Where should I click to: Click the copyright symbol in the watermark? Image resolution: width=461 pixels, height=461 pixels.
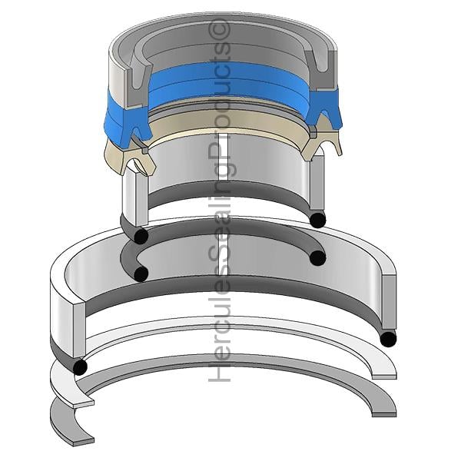[x=219, y=29]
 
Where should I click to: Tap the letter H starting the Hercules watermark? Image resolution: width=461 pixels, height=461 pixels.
[x=219, y=373]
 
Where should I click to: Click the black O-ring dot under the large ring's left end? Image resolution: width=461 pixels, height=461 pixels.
[x=80, y=367]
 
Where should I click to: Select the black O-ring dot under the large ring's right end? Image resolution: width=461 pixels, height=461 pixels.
[x=388, y=339]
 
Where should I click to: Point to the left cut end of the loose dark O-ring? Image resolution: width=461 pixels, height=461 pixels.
[x=141, y=274]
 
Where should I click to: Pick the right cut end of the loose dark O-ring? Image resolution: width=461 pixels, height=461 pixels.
[x=318, y=258]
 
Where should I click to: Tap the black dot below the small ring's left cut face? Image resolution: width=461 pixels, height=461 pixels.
[x=141, y=236]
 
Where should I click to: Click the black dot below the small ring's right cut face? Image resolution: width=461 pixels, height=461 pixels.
[x=318, y=220]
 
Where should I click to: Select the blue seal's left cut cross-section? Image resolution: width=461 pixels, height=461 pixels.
[x=136, y=123]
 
